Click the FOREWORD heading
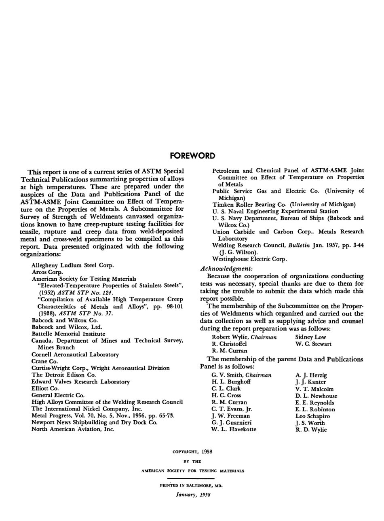pyautogui.click(x=192, y=156)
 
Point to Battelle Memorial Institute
pyautogui.click(x=68, y=334)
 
